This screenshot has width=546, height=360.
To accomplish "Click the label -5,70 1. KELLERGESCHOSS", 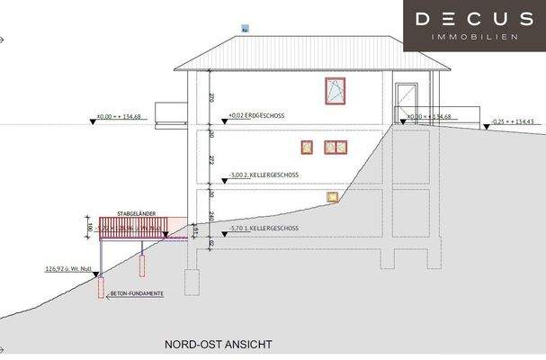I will point(265,229).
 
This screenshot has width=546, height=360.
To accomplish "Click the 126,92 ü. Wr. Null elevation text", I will point(68,268).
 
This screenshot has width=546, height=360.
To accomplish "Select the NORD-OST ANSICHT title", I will point(218,344).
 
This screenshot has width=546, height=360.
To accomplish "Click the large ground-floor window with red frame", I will point(336,90).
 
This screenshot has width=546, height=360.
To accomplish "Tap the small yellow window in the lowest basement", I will point(333,197).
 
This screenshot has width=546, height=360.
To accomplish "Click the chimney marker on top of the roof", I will point(244,30).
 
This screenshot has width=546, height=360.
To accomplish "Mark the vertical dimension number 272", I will point(211,158).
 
